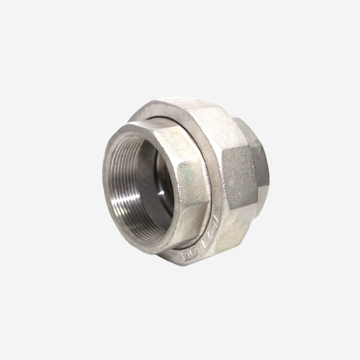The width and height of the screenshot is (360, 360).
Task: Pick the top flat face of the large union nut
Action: [x=197, y=114]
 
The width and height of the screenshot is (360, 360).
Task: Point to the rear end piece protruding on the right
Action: [x=261, y=167]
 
